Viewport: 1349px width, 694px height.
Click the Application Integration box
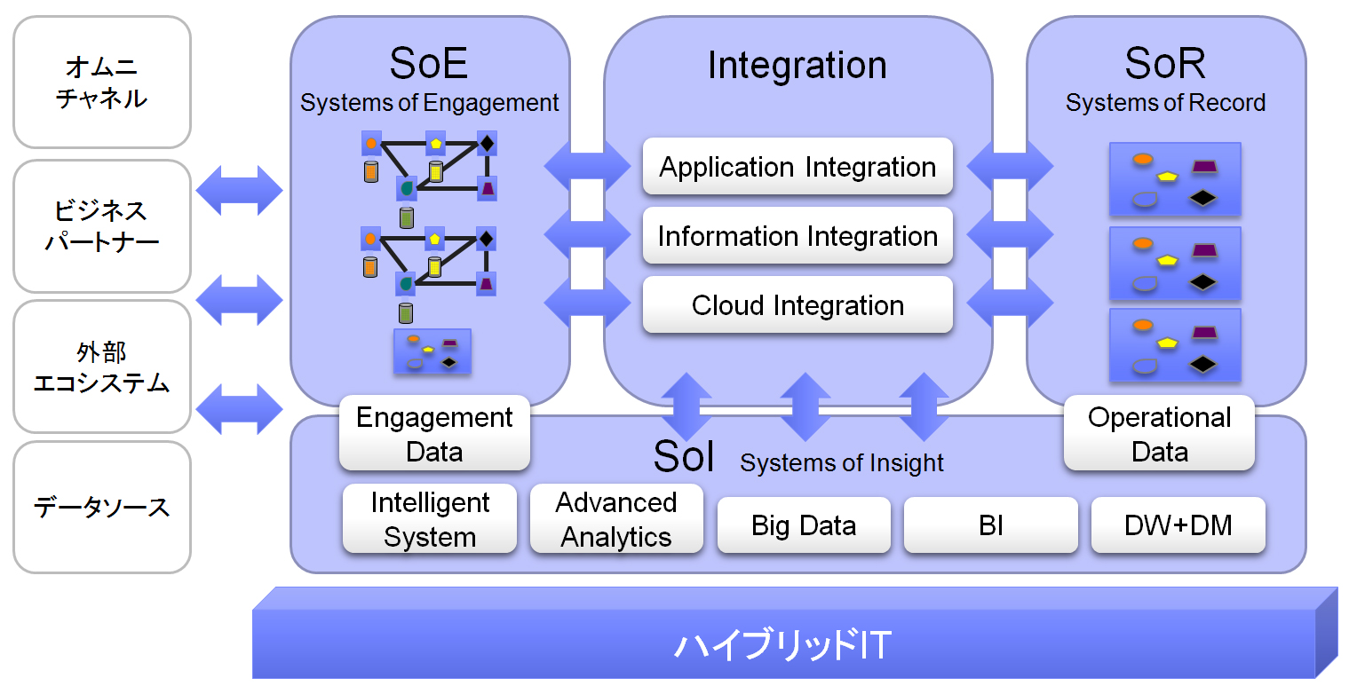(x=797, y=167)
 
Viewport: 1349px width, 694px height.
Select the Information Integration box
(x=797, y=236)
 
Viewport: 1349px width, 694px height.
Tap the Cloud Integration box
(x=797, y=305)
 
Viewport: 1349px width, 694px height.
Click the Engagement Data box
(x=434, y=434)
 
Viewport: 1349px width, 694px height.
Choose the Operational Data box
(x=1159, y=434)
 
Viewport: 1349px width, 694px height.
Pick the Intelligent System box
(x=430, y=519)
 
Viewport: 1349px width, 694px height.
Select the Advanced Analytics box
(x=616, y=519)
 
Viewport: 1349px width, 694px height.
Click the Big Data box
(x=804, y=525)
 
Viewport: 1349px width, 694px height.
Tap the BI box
(x=990, y=525)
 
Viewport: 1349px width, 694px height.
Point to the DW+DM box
(x=1178, y=525)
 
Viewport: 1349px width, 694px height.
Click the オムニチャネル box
(x=102, y=83)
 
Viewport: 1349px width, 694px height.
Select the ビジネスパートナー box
(x=102, y=226)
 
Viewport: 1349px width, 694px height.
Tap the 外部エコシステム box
(x=102, y=367)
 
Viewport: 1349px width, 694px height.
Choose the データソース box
(x=102, y=508)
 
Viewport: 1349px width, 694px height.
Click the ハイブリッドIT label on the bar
(x=782, y=645)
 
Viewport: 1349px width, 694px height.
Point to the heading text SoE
(x=429, y=64)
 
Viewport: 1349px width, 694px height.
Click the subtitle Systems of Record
(x=1165, y=103)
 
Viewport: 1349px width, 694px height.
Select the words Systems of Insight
(x=841, y=462)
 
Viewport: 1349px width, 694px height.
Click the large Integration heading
(x=797, y=65)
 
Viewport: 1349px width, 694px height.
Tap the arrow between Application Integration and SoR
(x=1009, y=166)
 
